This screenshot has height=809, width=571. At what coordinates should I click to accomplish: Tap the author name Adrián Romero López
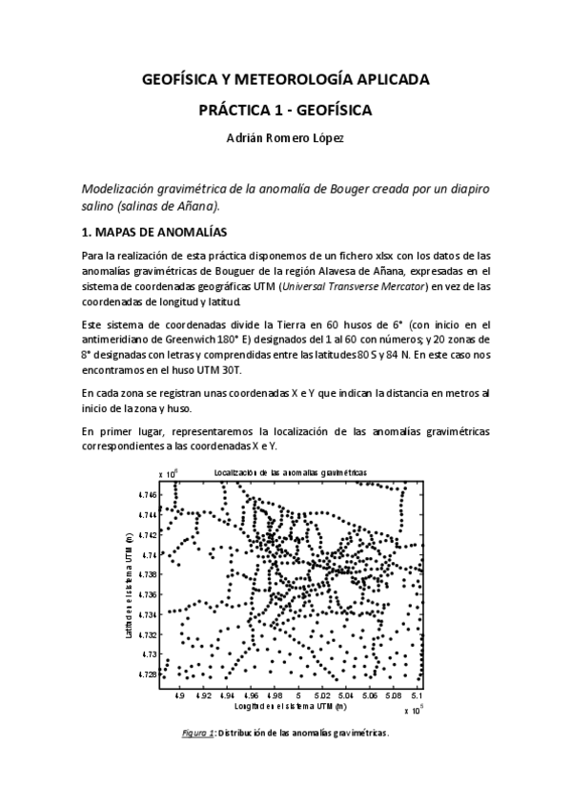coord(284,138)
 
